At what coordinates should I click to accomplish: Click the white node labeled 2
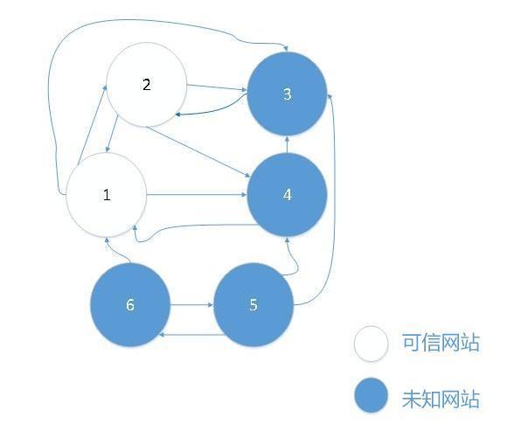[147, 85]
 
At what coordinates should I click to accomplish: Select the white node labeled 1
[107, 195]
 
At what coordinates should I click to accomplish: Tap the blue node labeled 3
[287, 94]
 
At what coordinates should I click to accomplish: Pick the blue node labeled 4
[287, 195]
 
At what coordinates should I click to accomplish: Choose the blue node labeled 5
[253, 305]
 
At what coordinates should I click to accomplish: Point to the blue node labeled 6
[130, 305]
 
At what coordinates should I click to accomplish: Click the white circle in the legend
[371, 344]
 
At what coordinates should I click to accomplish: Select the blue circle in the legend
[371, 395]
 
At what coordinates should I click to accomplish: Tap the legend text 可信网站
[441, 342]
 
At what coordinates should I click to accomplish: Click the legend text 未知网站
[441, 399]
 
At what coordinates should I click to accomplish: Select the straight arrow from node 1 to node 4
[197, 194]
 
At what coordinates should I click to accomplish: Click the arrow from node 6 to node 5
[191, 304]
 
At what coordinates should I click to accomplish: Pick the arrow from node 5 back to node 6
[192, 335]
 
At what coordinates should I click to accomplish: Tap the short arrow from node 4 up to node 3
[287, 144]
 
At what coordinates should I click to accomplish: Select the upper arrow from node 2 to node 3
[217, 87]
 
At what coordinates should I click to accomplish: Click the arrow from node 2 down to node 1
[112, 134]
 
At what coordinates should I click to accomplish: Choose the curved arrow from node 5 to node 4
[295, 259]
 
